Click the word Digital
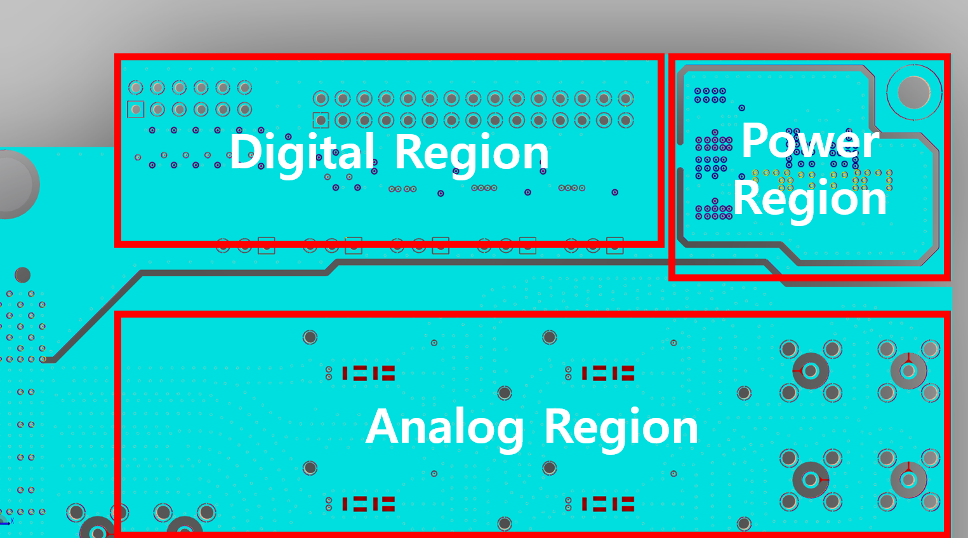tap(302, 152)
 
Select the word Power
tap(810, 140)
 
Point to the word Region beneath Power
tap(810, 198)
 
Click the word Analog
tap(444, 427)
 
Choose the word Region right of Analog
tap(621, 427)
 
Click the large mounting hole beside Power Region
tap(914, 91)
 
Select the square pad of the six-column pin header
tap(136, 109)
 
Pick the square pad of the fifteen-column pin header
tap(321, 120)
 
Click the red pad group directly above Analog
tap(368, 373)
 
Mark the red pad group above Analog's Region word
tap(608, 373)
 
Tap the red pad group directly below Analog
tap(368, 504)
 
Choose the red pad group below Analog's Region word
tap(608, 504)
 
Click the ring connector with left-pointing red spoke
tap(810, 370)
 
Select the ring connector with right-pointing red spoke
tap(811, 480)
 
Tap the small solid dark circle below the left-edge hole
tap(22, 275)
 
